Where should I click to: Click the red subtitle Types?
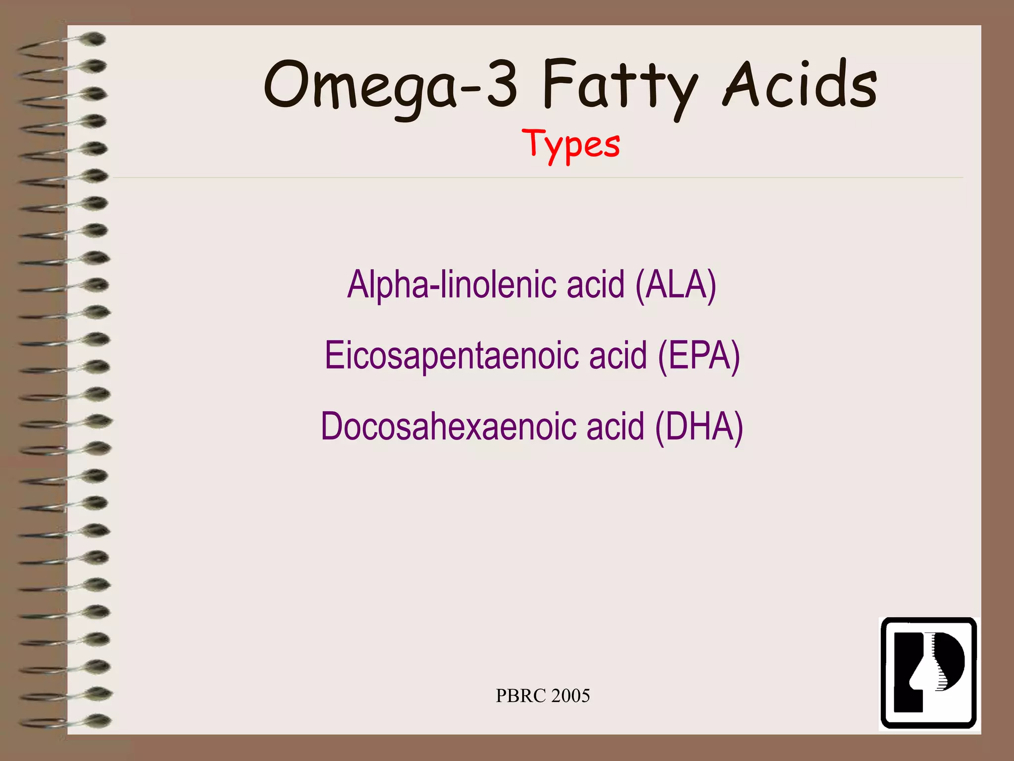pyautogui.click(x=571, y=145)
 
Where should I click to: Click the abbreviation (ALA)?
pyautogui.click(x=676, y=285)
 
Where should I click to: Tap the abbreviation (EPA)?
pyautogui.click(x=699, y=356)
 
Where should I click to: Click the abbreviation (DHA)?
pyautogui.click(x=699, y=427)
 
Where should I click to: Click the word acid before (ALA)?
pyautogui.click(x=596, y=285)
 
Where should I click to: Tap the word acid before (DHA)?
pyautogui.click(x=615, y=427)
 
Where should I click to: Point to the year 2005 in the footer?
pyautogui.click(x=570, y=696)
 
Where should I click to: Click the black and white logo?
pyautogui.click(x=928, y=673)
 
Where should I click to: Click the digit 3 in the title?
pyautogui.click(x=502, y=84)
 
